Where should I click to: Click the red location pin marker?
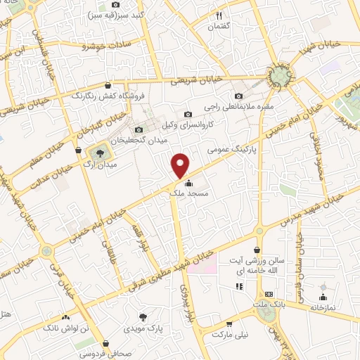181,166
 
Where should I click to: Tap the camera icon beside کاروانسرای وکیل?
187,115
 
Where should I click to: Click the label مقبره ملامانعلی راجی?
235,106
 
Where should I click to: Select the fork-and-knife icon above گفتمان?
219,15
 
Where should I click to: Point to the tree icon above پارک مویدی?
143,316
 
